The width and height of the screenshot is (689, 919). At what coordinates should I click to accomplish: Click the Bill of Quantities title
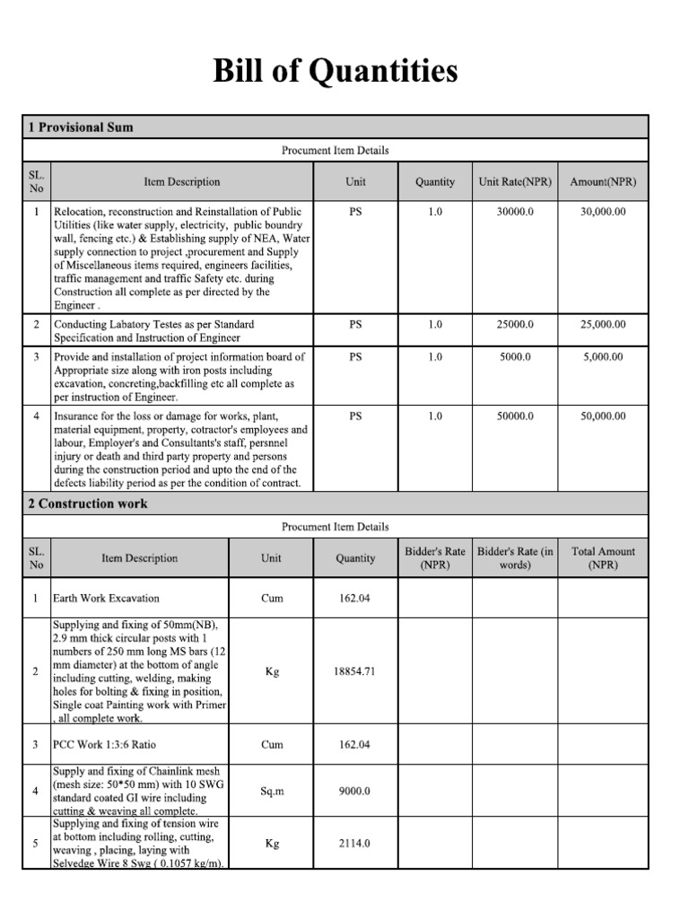pos(336,71)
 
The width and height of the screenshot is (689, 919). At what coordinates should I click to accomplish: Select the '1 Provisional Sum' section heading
pos(81,127)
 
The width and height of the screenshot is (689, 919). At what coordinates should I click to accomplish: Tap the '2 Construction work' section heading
pos(87,503)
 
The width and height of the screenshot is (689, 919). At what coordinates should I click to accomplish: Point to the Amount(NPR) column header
pos(603,182)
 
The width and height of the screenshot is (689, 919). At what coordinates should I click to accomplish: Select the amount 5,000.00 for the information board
pos(603,356)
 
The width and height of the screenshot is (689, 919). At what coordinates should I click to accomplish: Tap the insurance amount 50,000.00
pos(603,416)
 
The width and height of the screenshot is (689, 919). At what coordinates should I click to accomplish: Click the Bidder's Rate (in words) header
pos(516,558)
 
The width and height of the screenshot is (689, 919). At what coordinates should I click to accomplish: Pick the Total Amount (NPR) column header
pos(603,558)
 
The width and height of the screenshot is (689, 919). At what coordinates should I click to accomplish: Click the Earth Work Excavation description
pos(107,598)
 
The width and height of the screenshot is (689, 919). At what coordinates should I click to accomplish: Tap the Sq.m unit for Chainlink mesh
pos(271,792)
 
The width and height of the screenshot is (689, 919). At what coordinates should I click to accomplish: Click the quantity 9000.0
pos(355,792)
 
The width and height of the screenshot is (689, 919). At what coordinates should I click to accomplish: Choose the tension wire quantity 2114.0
pos(355,844)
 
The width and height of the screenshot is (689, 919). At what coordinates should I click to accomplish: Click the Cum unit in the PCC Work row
pos(271,745)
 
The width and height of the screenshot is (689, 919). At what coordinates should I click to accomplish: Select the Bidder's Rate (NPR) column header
pos(434,558)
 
